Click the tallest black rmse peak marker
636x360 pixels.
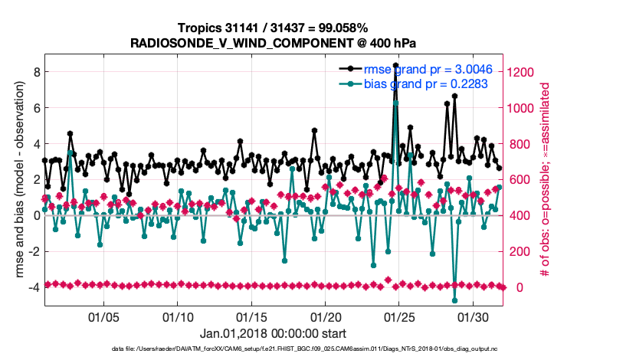pyautogui.click(x=395, y=66)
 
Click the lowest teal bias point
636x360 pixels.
pyautogui.click(x=454, y=300)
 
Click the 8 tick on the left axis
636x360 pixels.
pyautogui.click(x=35, y=72)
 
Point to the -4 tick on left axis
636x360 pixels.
pyautogui.click(x=34, y=287)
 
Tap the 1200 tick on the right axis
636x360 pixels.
pyautogui.click(x=523, y=72)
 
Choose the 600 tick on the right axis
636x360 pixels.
pyautogui.click(x=520, y=180)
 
